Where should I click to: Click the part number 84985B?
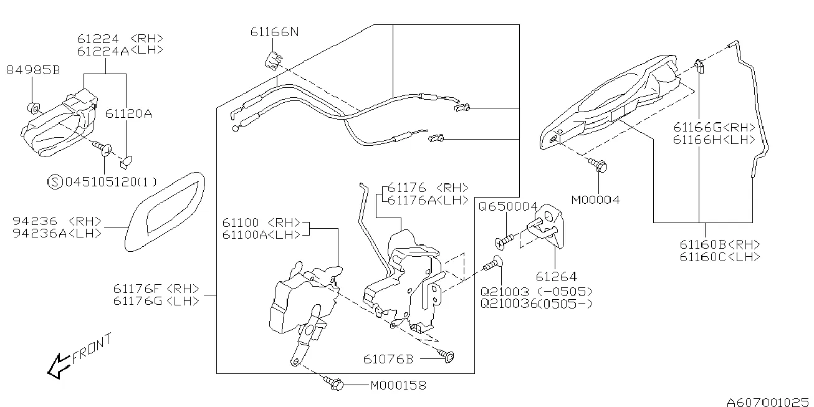33,70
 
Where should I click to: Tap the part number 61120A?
129,114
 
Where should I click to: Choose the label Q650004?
508,206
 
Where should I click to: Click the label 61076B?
388,359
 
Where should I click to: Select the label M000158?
398,385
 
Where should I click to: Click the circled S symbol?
55,182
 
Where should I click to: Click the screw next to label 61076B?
448,356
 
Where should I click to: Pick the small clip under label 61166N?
272,60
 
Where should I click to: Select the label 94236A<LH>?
57,232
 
